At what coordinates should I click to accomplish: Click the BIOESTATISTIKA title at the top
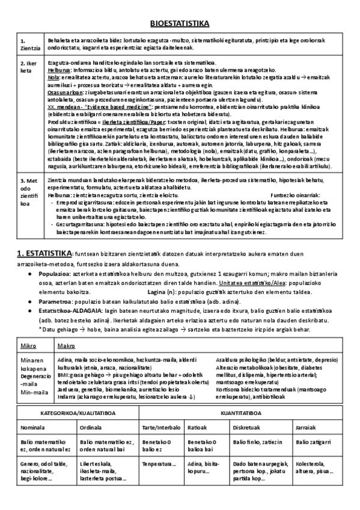click(x=179, y=23)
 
